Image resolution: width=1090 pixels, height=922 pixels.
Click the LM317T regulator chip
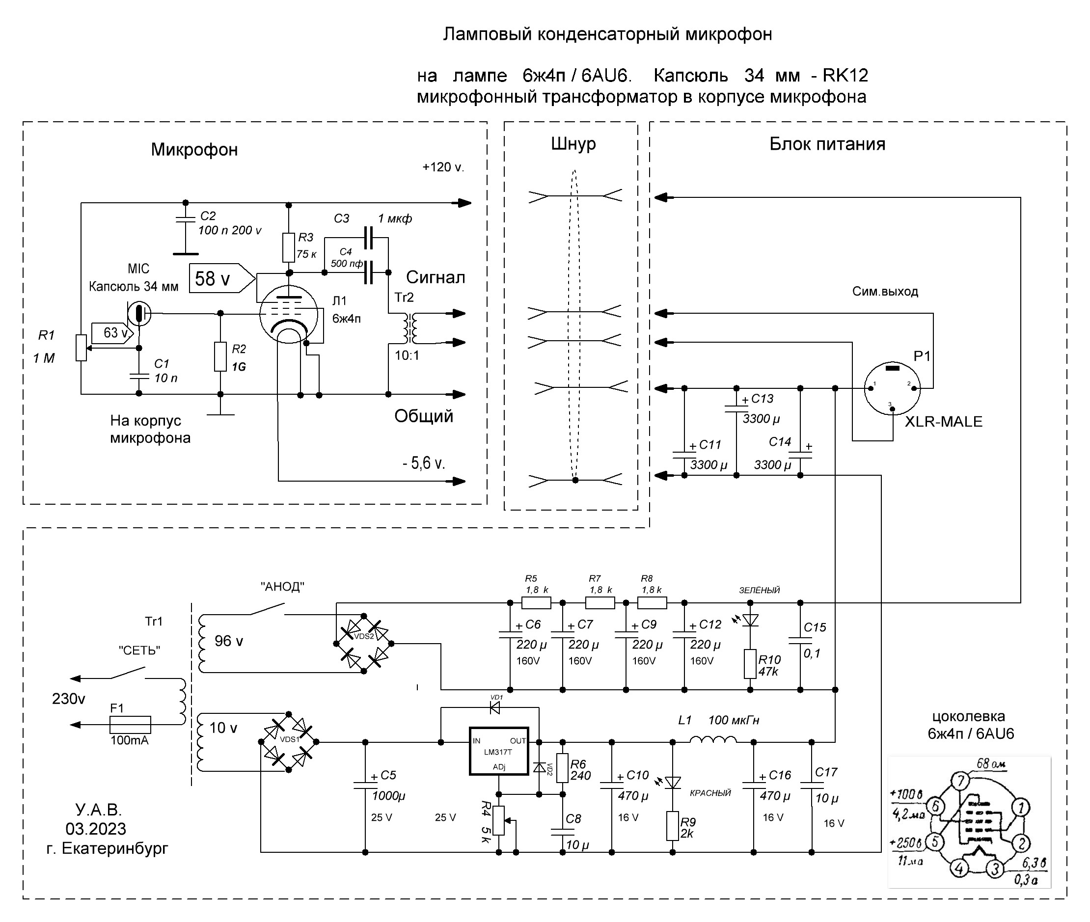[499, 751]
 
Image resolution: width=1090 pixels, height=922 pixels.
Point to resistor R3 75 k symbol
[289, 247]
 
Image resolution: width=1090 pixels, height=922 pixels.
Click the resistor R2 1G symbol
[220, 356]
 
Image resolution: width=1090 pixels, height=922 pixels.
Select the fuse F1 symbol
[130, 725]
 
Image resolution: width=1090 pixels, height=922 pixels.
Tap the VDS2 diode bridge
[364, 644]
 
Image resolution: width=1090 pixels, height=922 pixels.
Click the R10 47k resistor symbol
[750, 664]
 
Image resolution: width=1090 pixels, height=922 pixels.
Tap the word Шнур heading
[573, 144]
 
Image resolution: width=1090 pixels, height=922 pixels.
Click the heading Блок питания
[827, 144]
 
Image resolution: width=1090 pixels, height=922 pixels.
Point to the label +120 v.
[443, 167]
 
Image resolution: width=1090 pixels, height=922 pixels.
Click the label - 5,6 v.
[423, 463]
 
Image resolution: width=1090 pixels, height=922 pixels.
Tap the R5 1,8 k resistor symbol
[536, 603]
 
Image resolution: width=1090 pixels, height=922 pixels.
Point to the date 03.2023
[96, 829]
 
